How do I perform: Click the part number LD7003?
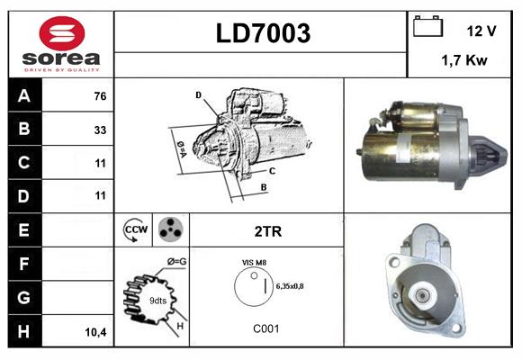[263, 34]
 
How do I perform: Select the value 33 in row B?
[99, 130]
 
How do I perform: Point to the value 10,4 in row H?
[95, 332]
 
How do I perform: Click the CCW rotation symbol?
[135, 230]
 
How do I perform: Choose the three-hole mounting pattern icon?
[170, 230]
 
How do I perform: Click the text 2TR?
[267, 231]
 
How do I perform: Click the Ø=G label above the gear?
[175, 261]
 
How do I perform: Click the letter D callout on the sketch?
[198, 94]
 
